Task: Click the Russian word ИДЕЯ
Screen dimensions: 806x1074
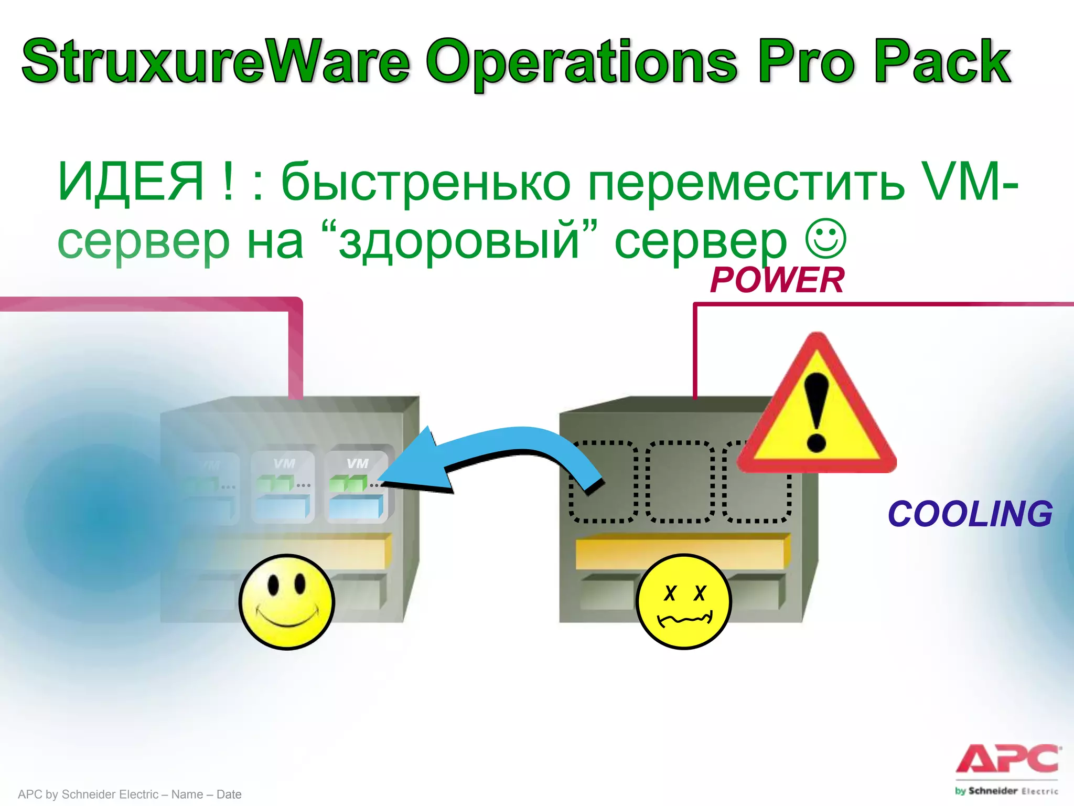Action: click(130, 182)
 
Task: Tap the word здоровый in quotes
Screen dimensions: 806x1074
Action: click(459, 241)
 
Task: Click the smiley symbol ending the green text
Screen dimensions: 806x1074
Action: click(825, 238)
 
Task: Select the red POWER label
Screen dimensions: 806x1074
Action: click(777, 280)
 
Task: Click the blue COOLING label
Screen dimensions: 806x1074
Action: click(970, 514)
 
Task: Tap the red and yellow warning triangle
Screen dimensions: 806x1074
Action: click(817, 415)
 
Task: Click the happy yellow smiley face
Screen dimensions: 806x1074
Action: click(286, 602)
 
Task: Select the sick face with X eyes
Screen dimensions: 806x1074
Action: click(683, 602)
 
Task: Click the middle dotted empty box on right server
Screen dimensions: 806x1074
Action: click(680, 482)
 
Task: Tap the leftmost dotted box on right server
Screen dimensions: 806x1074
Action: click(603, 482)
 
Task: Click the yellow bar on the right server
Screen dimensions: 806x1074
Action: click(682, 551)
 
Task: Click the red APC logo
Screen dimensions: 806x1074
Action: click(1007, 759)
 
